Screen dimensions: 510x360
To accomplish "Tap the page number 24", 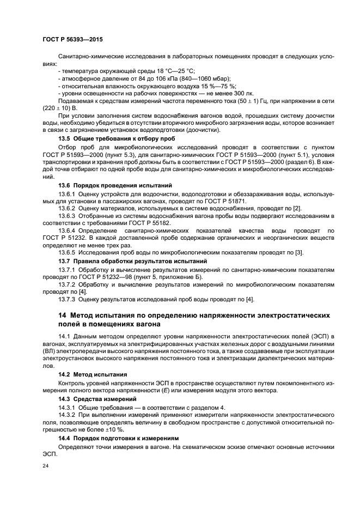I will pos(46,466).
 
